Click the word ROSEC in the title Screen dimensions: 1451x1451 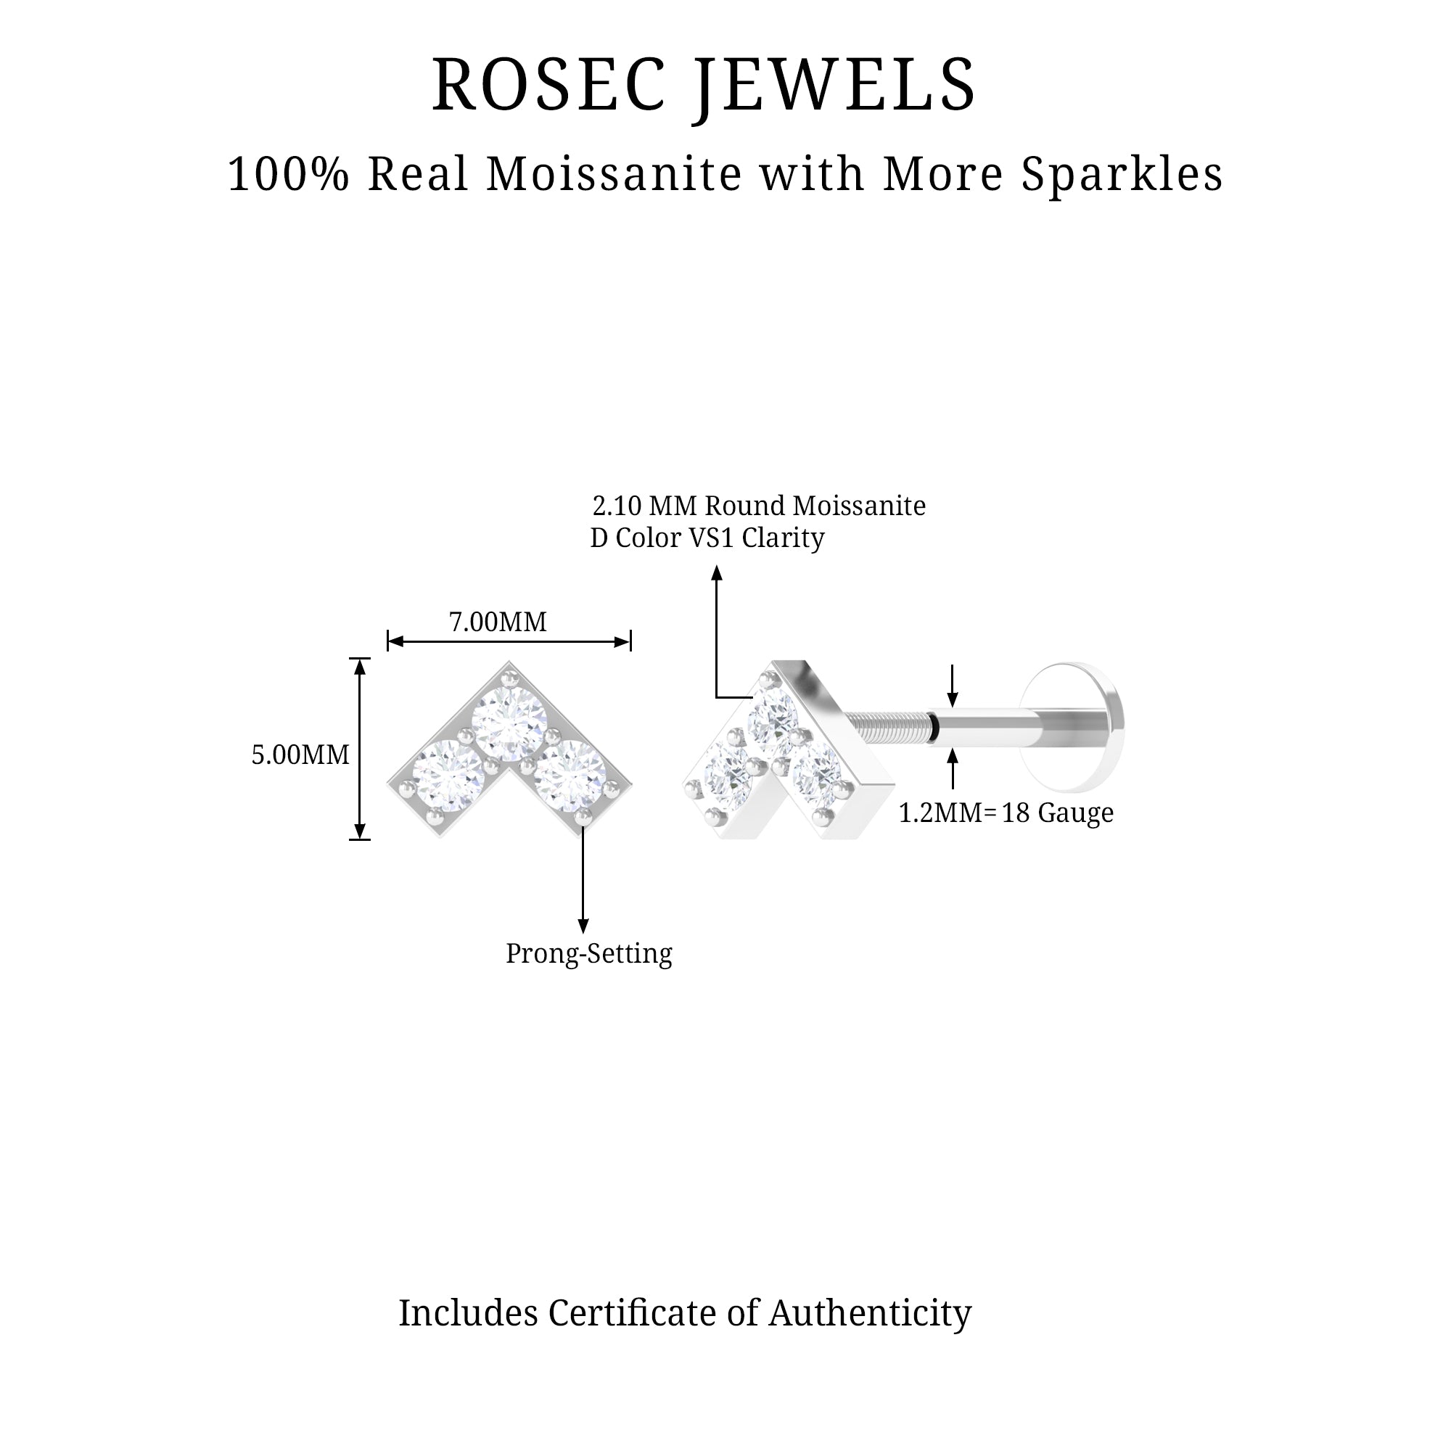[548, 85]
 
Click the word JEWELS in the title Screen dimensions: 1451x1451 [834, 85]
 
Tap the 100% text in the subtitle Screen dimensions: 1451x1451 [289, 174]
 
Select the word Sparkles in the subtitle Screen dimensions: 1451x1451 [1122, 174]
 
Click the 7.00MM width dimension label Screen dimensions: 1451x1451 [498, 622]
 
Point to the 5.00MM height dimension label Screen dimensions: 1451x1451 [300, 755]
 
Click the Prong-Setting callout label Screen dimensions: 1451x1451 [589, 954]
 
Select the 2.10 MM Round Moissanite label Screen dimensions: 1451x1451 [759, 506]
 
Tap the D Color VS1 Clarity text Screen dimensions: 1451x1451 [707, 538]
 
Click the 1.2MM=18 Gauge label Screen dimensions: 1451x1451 [1006, 813]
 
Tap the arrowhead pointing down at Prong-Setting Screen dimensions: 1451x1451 [583, 926]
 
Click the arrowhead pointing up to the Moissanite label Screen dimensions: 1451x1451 [718, 573]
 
